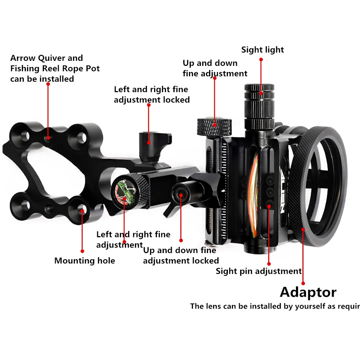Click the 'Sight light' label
262,50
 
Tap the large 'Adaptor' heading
308,292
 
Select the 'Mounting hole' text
85,261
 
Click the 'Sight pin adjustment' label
258,271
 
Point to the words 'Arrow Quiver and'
46,58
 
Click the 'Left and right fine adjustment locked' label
152,94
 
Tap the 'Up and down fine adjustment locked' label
181,255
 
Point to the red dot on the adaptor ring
303,229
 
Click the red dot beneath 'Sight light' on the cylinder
262,94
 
